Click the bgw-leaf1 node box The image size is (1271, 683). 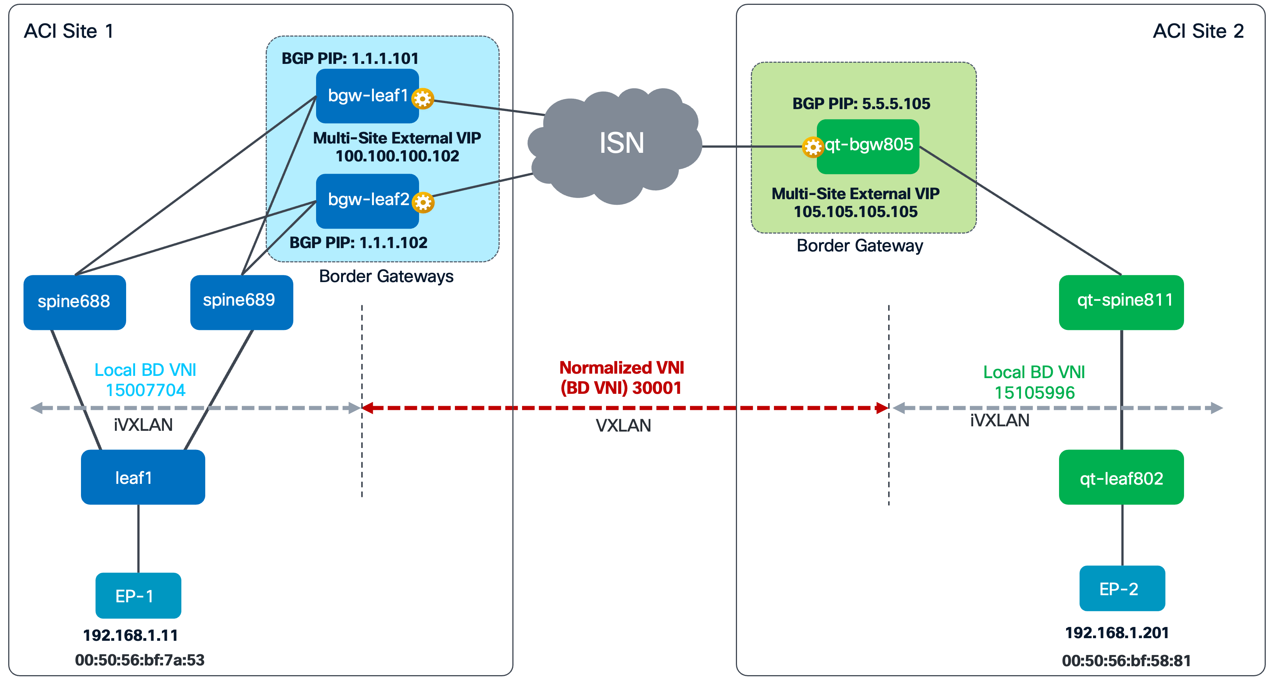pos(367,96)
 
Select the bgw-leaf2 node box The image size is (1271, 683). pos(367,201)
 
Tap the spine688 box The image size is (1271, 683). pos(75,302)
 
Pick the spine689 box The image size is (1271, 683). pos(241,302)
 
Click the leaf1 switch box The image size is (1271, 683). pos(143,477)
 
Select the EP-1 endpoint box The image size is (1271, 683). pos(138,596)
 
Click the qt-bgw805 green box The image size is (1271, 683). pos(868,147)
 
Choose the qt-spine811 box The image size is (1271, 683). pos(1121,302)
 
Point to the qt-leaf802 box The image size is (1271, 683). pos(1121,477)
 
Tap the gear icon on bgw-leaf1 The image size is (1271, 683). pos(423,99)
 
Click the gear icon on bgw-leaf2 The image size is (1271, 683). pos(423,202)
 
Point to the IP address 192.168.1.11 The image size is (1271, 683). pos(130,635)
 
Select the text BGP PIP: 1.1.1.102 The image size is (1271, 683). pos(358,242)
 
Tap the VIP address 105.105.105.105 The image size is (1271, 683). pos(856,211)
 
